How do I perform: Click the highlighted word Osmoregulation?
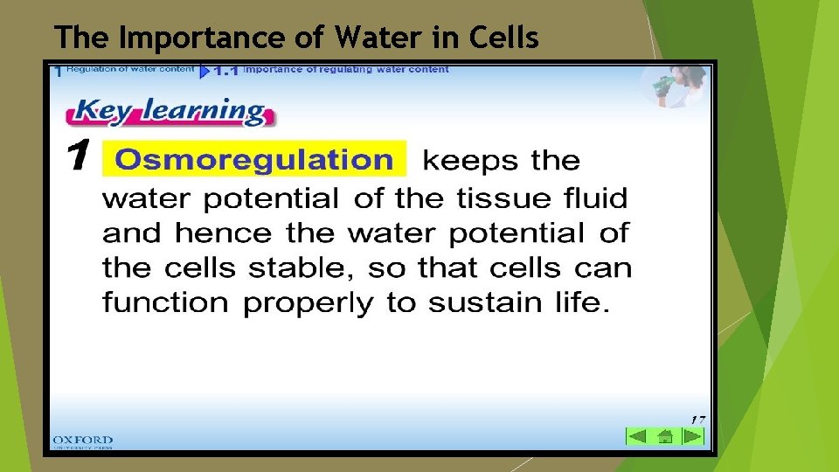click(254, 160)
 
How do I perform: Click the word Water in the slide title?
click(372, 38)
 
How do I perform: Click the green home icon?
click(665, 435)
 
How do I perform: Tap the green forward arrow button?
click(691, 435)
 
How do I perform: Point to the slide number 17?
click(697, 419)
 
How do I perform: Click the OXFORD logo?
click(82, 441)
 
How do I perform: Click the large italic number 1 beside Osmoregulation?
click(78, 159)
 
